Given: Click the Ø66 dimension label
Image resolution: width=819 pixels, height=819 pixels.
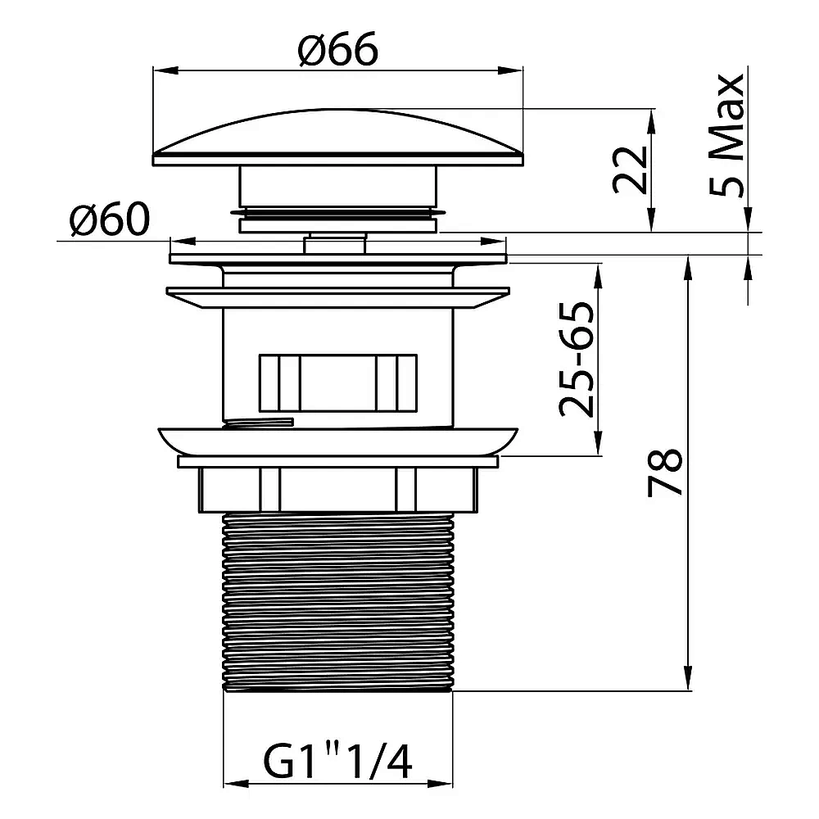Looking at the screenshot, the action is [x=338, y=49].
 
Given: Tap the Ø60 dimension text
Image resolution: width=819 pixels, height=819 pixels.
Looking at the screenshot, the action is [x=110, y=219].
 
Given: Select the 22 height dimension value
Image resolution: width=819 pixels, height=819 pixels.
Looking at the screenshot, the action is [x=631, y=170].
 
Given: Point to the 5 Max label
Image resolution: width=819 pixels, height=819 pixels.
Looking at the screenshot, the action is [x=726, y=135].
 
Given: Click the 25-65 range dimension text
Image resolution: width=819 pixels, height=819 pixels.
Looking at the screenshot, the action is [x=577, y=359].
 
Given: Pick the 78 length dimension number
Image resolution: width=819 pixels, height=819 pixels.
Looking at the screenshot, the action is [x=665, y=472].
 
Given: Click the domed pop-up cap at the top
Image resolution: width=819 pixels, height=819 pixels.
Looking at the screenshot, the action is [x=338, y=138].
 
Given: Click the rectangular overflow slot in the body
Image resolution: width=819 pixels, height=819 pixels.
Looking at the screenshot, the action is [x=338, y=382].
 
